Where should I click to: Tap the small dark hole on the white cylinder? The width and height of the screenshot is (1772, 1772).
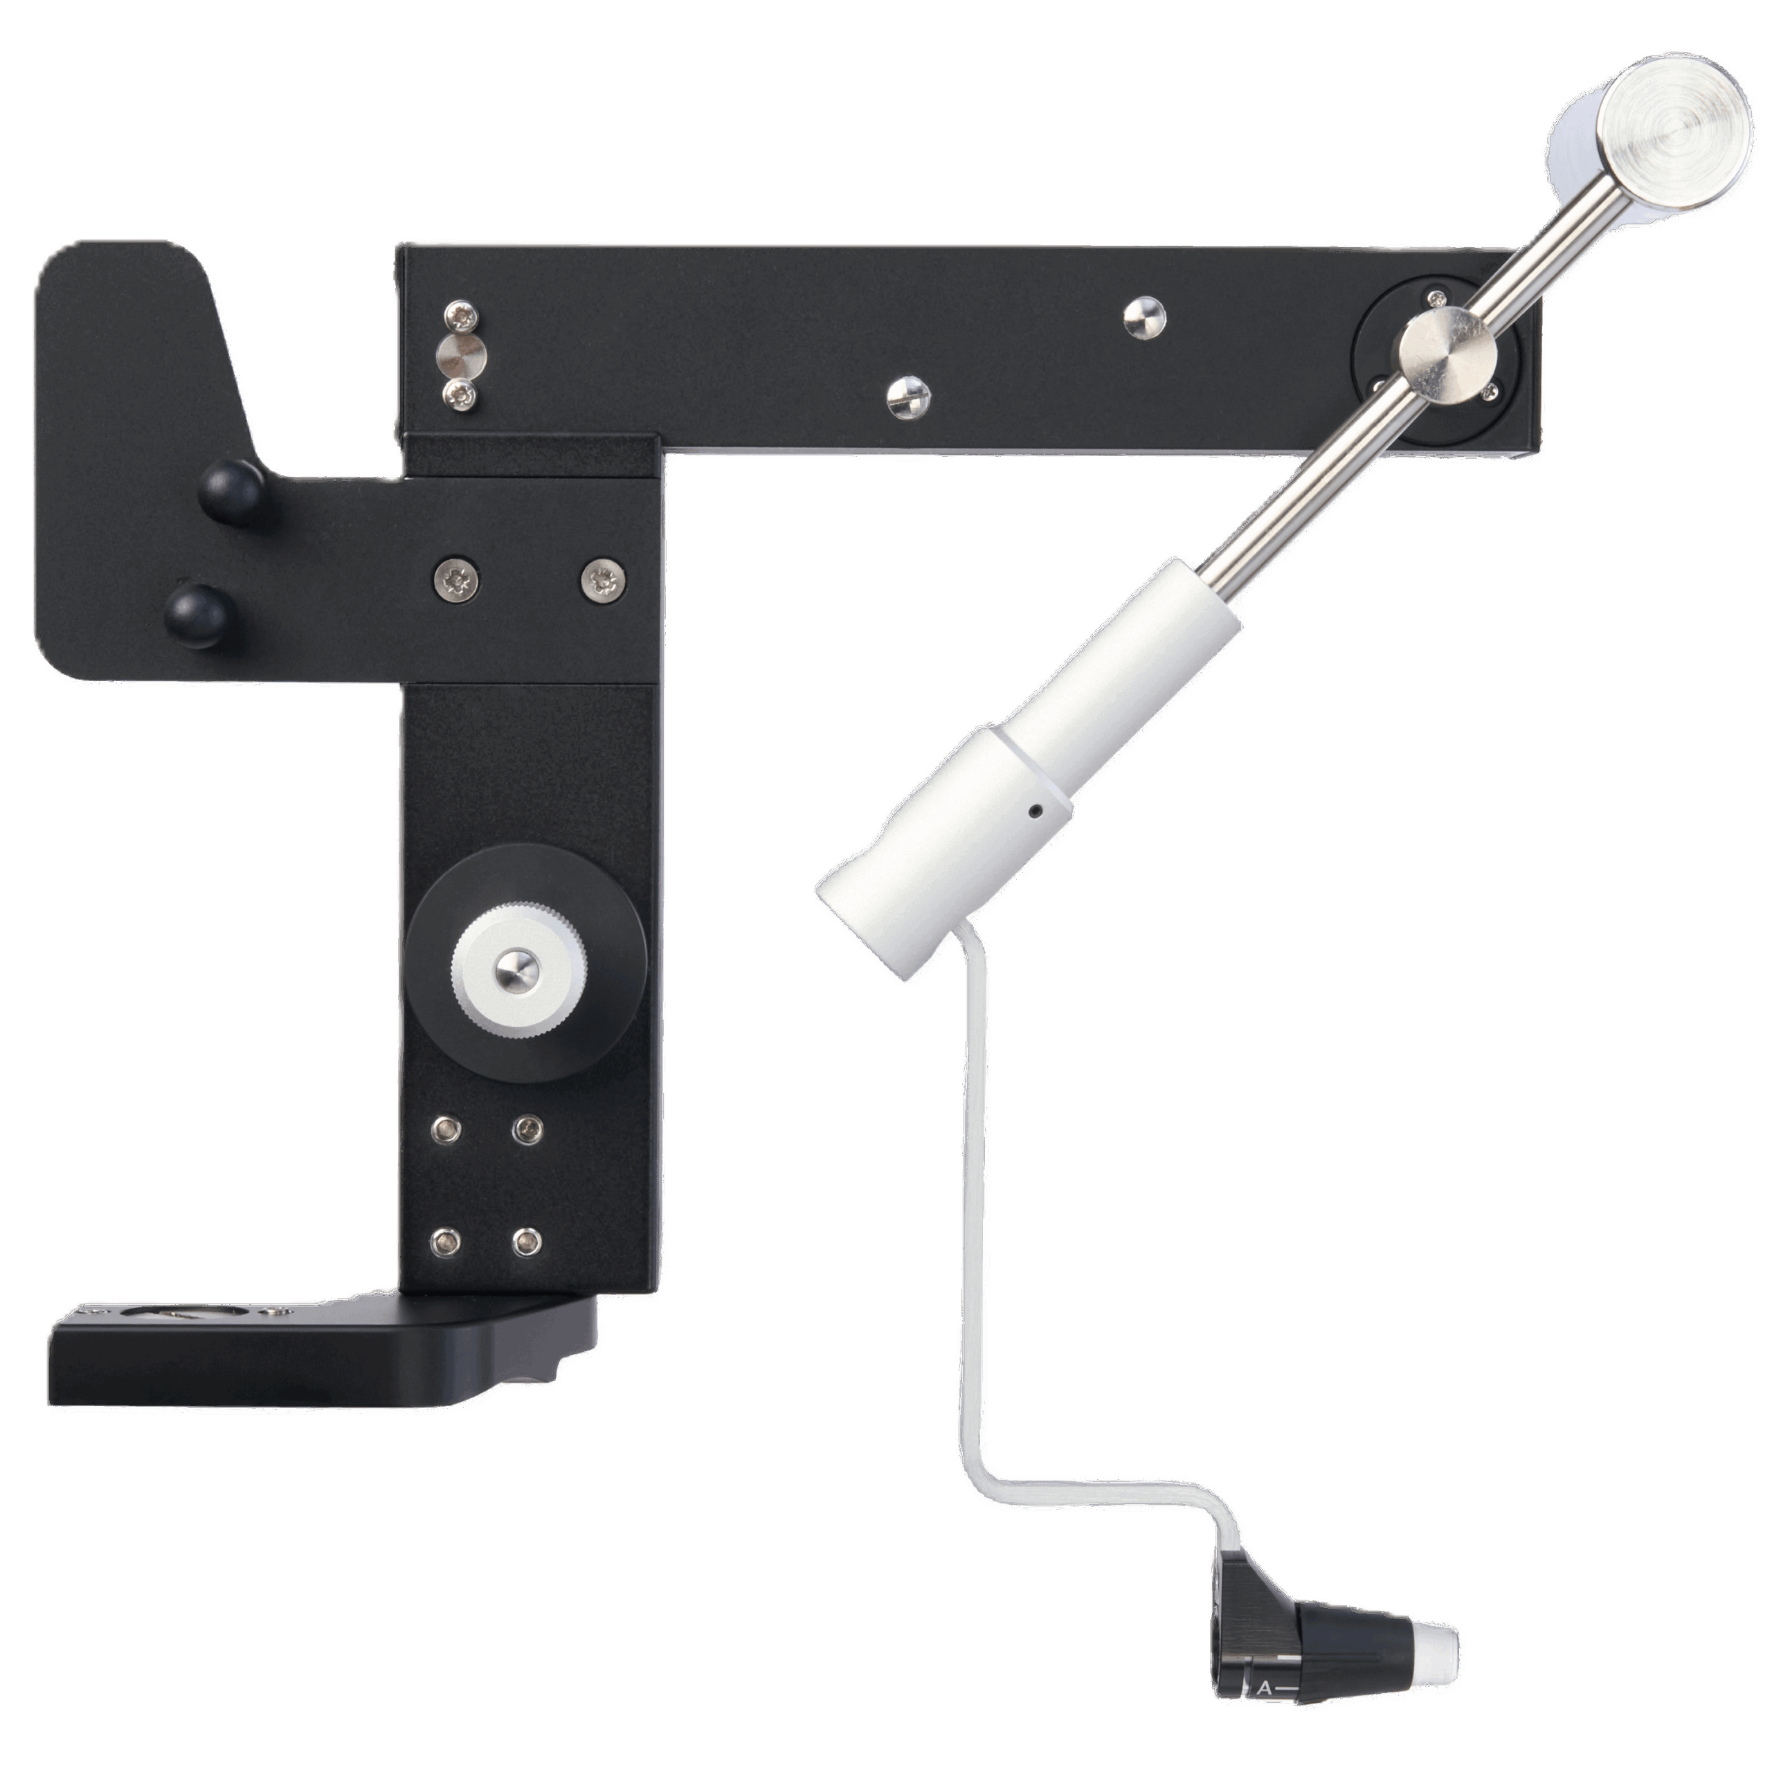coord(1035,811)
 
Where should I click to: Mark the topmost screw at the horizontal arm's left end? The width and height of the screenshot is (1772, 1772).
coord(460,317)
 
